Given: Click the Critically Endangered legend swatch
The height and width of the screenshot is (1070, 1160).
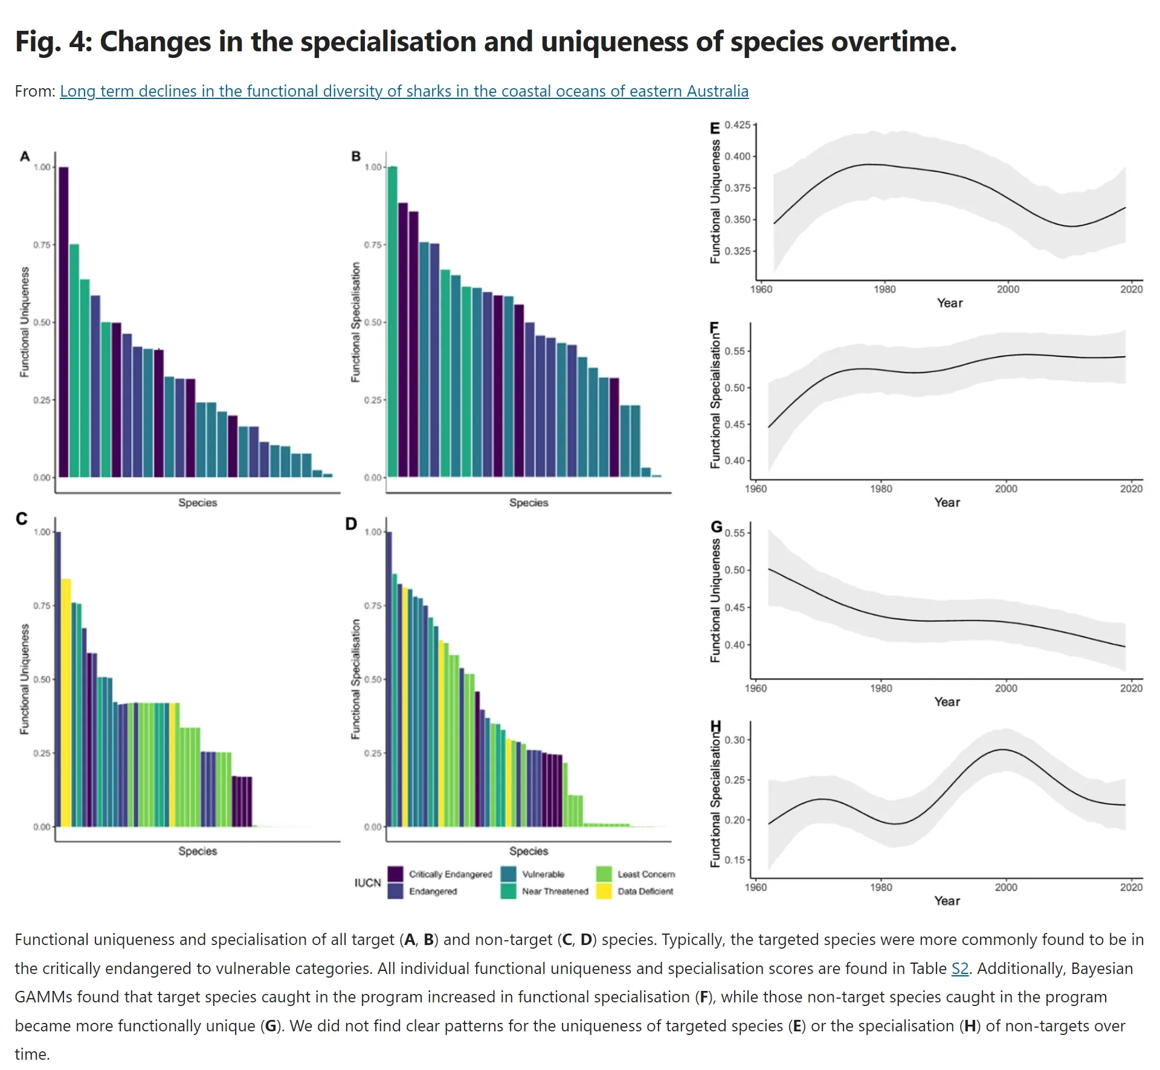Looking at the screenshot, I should click(x=395, y=874).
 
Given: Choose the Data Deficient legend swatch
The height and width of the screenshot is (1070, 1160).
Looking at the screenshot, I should click(x=604, y=891).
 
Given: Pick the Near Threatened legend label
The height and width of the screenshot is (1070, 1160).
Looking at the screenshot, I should click(x=555, y=891).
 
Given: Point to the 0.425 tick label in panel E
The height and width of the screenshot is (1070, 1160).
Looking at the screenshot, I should click(x=737, y=125).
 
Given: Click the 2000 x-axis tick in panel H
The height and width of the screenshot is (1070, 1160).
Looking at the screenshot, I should click(x=1006, y=887).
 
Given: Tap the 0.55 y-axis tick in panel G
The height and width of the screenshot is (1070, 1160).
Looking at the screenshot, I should click(x=735, y=533).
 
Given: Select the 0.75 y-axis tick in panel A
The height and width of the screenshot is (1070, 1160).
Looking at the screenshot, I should click(x=42, y=245).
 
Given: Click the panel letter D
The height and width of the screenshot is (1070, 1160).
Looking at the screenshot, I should click(x=351, y=524).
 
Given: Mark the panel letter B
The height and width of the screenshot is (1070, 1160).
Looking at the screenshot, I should click(x=356, y=156).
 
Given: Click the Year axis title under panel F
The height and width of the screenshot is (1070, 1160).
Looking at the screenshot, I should click(x=947, y=502).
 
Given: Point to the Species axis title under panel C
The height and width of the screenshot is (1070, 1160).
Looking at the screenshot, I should click(x=198, y=851).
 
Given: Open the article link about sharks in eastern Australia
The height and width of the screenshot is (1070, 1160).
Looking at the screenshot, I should click(x=404, y=91).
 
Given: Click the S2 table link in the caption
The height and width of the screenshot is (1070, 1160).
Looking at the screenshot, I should click(x=959, y=969).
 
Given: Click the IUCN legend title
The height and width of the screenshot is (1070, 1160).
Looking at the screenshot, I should click(x=367, y=883).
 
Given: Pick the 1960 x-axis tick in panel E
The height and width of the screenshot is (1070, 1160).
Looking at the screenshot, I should click(x=761, y=289).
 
